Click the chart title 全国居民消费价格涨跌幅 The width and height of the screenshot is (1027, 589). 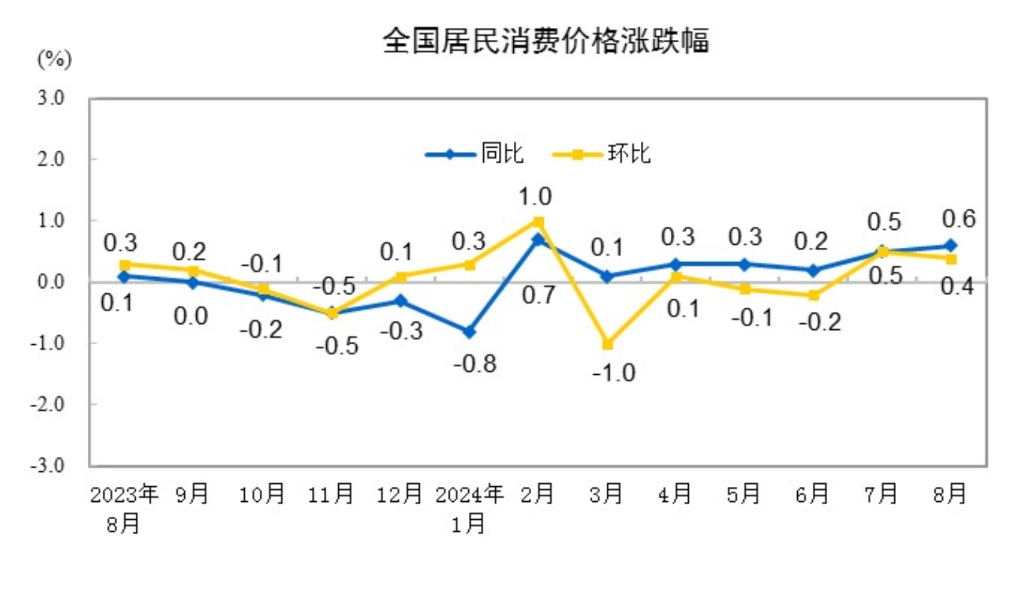pyautogui.click(x=546, y=41)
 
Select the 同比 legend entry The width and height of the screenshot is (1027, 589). pyautogui.click(x=475, y=154)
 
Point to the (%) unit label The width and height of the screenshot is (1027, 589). pyautogui.click(x=55, y=60)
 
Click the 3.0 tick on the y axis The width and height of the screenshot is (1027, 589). pyautogui.click(x=50, y=98)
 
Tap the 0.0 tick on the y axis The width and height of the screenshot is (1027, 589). pyautogui.click(x=50, y=282)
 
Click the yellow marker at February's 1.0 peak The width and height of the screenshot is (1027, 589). pyautogui.click(x=539, y=222)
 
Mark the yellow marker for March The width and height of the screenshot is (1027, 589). pyautogui.click(x=607, y=344)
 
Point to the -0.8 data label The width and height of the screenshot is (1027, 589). pyautogui.click(x=475, y=364)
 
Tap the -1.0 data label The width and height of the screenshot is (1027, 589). pyautogui.click(x=613, y=373)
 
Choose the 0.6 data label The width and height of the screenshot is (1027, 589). pyautogui.click(x=958, y=219)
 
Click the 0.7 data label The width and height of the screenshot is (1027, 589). pyautogui.click(x=538, y=295)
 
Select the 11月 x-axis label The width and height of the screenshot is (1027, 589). pyautogui.click(x=331, y=494)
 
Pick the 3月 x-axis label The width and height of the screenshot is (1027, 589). pyautogui.click(x=606, y=494)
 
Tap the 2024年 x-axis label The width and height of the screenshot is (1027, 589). pyautogui.click(x=469, y=494)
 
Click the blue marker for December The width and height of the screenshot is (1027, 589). pyautogui.click(x=401, y=301)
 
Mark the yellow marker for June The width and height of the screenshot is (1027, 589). pyautogui.click(x=813, y=295)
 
